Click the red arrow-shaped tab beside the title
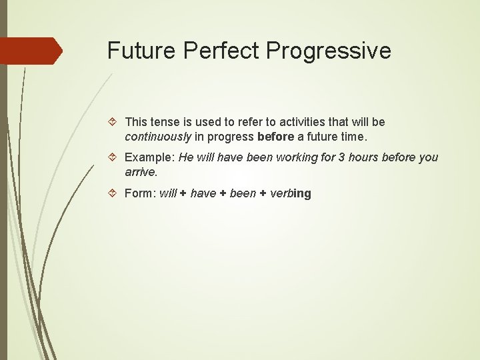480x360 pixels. coord(31,51)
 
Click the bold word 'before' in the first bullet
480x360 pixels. coord(275,137)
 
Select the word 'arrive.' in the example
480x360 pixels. coord(141,172)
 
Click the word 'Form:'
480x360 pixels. coord(141,193)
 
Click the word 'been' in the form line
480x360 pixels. coord(243,193)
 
